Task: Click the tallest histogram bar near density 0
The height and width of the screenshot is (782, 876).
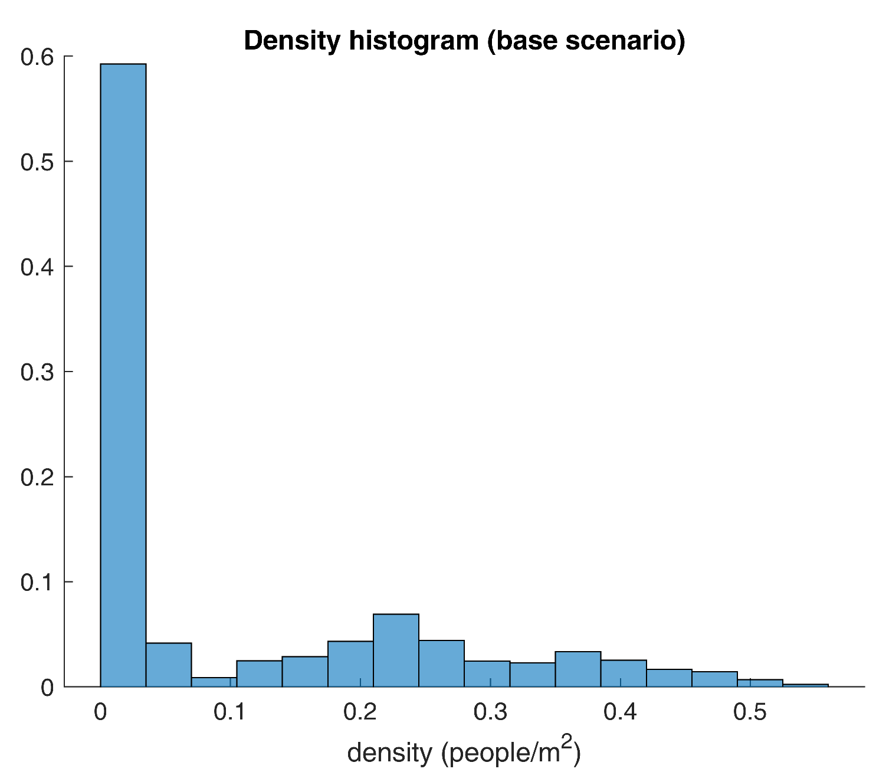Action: (x=123, y=375)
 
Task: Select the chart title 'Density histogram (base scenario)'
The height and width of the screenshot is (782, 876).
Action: (x=464, y=41)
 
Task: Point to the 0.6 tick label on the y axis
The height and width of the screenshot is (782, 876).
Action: (x=37, y=57)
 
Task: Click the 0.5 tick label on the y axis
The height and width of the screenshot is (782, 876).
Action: (x=37, y=162)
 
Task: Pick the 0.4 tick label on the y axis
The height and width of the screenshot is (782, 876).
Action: (x=37, y=267)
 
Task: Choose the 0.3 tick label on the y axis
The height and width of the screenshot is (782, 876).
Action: (x=37, y=372)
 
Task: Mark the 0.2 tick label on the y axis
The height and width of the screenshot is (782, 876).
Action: (x=37, y=477)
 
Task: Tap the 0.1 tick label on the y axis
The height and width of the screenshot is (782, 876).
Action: (x=37, y=582)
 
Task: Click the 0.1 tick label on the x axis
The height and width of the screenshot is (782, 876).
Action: (x=230, y=713)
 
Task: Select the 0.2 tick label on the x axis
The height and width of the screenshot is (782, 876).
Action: (x=360, y=713)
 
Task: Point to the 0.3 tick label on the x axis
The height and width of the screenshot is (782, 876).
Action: (x=490, y=713)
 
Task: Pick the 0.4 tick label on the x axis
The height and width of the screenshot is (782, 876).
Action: (x=620, y=713)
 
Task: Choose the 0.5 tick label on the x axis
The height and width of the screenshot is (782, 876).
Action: (x=750, y=713)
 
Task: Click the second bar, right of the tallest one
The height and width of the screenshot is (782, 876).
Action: (x=169, y=665)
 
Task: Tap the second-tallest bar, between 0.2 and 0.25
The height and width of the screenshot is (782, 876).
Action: (x=396, y=650)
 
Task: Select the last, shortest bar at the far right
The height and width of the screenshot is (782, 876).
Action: (x=805, y=685)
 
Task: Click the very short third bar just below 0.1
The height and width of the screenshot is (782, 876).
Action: (x=214, y=682)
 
